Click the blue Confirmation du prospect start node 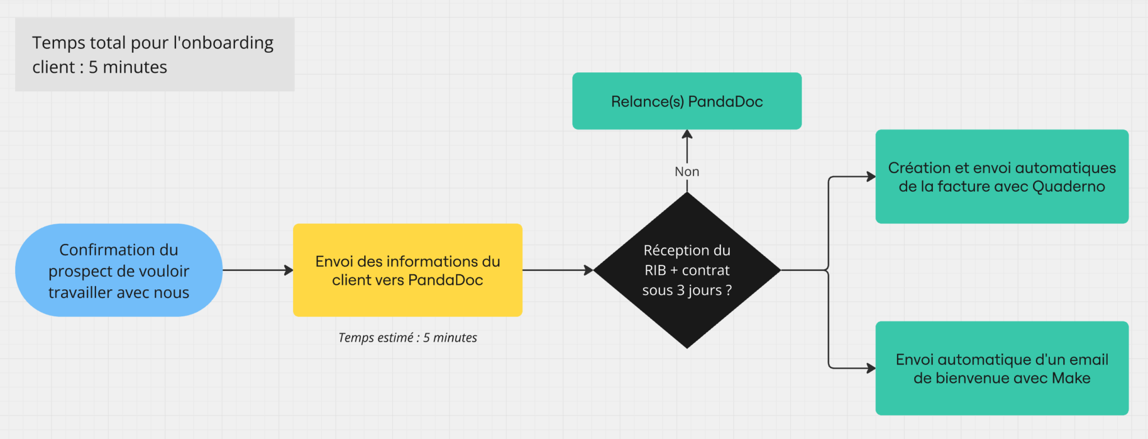(x=118, y=270)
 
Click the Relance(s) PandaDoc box (x=687, y=101)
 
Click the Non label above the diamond (x=687, y=172)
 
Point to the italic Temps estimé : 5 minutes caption (x=408, y=338)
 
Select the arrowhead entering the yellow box (x=289, y=270)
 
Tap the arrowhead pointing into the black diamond (x=589, y=270)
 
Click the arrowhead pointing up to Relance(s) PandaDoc (x=687, y=135)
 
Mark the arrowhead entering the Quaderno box (x=871, y=177)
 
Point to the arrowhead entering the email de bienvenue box (x=871, y=368)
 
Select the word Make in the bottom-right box (x=1071, y=378)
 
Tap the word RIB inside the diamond (x=655, y=271)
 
